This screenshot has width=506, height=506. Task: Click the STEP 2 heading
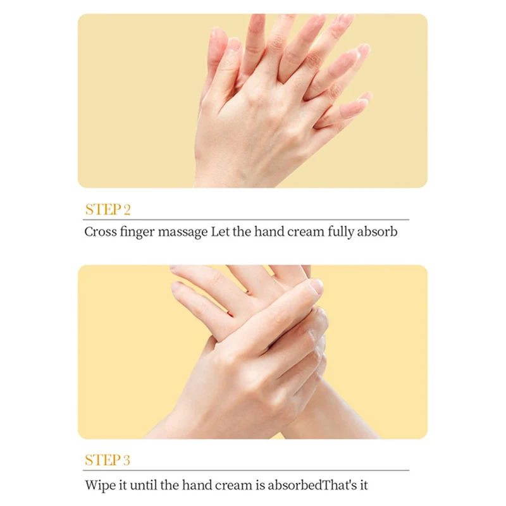(108, 209)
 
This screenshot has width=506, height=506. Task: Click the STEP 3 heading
(108, 460)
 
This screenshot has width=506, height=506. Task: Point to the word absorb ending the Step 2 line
(377, 231)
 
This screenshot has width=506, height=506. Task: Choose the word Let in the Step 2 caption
(219, 231)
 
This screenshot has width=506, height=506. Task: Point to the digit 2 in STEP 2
(127, 210)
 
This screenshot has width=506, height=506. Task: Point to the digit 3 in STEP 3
(126, 460)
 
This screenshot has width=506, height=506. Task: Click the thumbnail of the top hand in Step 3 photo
(317, 286)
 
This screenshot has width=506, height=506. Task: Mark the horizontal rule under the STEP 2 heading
(246, 219)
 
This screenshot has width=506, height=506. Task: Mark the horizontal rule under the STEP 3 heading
(246, 470)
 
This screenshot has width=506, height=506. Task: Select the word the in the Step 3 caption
(169, 485)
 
